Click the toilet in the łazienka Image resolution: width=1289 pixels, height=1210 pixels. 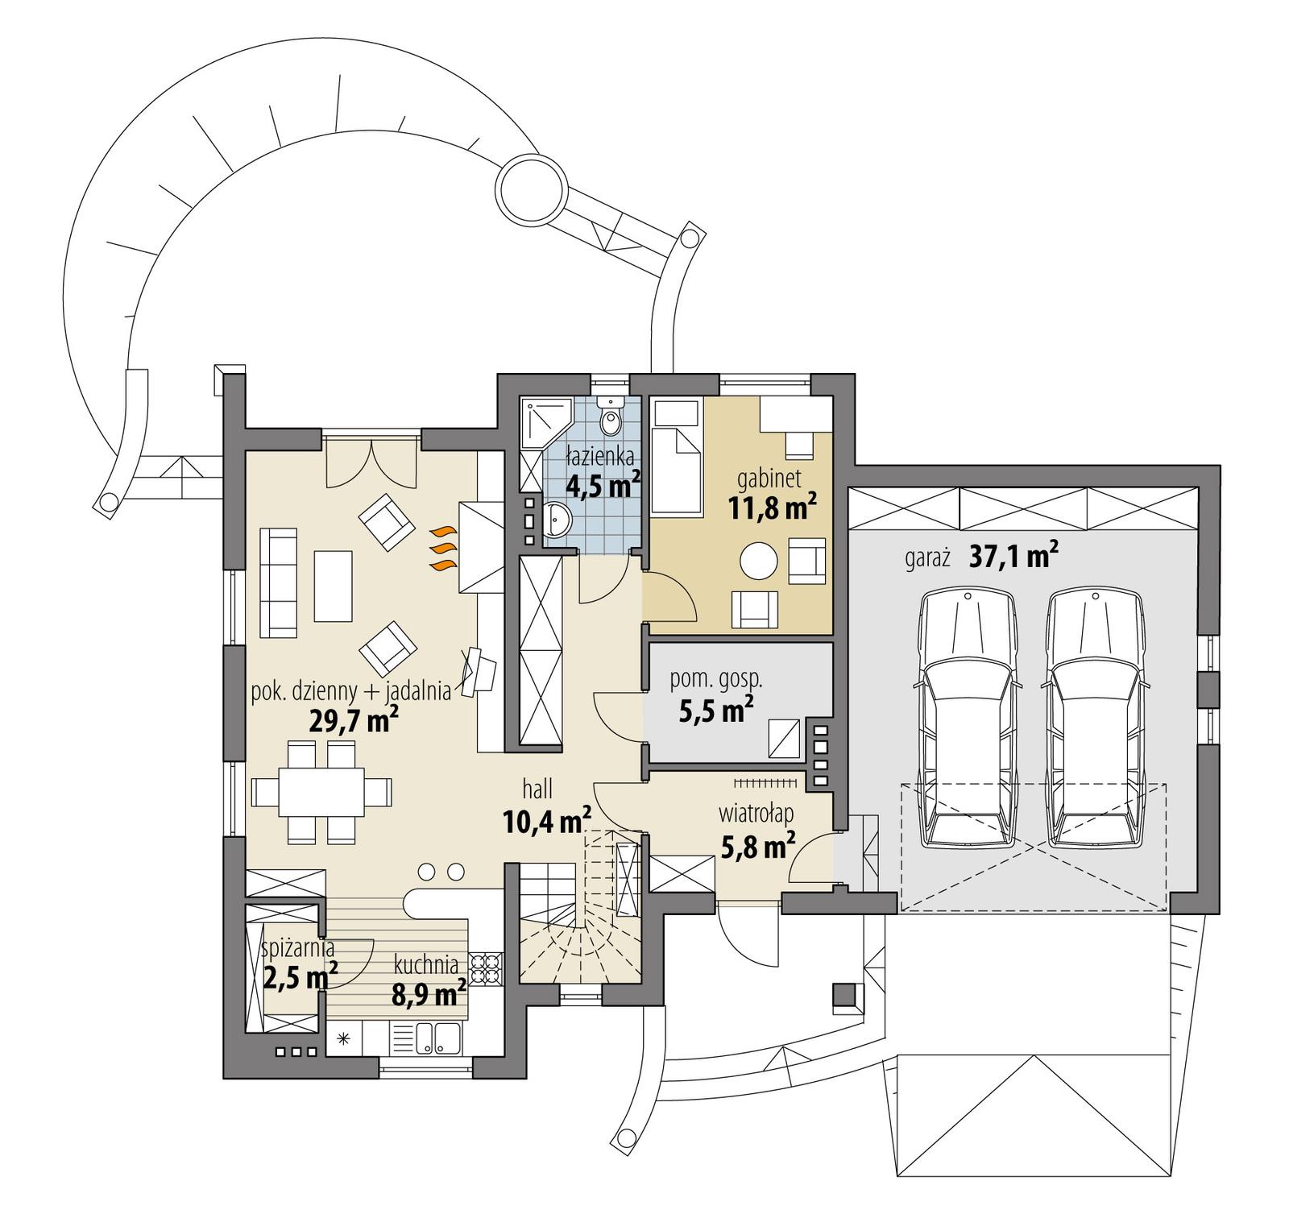(612, 416)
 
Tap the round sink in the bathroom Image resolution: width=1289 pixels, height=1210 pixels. (557, 519)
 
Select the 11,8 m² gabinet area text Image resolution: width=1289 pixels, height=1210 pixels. (773, 508)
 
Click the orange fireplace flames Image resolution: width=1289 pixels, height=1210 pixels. (441, 549)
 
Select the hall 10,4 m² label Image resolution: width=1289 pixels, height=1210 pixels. (546, 810)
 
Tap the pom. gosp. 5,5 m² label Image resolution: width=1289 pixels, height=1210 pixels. (716, 694)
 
